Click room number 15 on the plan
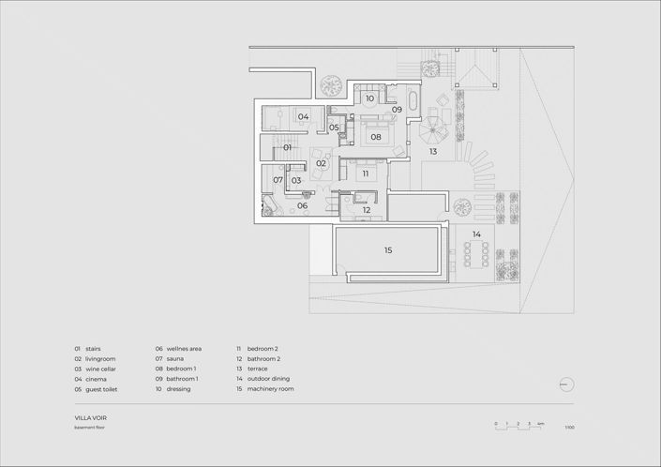[x=388, y=250]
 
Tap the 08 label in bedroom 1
[x=375, y=137]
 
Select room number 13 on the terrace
[x=433, y=151]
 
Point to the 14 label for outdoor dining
[x=476, y=233]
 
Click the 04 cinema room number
[x=304, y=117]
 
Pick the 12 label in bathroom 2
[x=367, y=210]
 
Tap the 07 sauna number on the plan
[x=278, y=180]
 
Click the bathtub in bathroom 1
[x=414, y=98]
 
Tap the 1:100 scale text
[x=569, y=428]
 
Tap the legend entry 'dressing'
[x=179, y=388]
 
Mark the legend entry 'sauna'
[x=175, y=358]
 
